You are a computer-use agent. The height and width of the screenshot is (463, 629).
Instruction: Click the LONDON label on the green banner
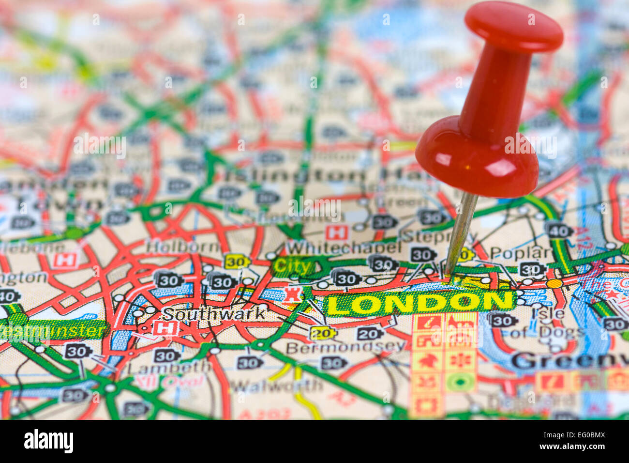point(419,303)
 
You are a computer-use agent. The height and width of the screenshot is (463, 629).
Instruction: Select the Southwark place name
point(214,313)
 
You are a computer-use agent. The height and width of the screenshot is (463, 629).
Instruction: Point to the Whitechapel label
point(344,247)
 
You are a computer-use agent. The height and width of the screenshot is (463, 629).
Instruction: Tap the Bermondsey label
point(345,347)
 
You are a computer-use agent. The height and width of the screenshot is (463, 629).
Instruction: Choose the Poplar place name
point(520,252)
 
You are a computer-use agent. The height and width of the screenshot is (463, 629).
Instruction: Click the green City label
point(292,266)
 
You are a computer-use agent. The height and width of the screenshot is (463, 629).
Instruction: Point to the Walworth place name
point(276,386)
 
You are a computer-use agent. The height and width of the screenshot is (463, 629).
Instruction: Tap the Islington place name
point(295,175)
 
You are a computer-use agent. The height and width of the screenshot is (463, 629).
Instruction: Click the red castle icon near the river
point(293,294)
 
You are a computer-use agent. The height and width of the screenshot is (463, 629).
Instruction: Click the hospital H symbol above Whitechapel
point(337,233)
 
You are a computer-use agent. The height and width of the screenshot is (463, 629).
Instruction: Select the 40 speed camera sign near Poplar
point(558,230)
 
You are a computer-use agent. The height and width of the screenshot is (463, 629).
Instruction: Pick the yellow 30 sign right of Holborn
point(237,262)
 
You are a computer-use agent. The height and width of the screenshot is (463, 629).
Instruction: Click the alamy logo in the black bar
point(48,441)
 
